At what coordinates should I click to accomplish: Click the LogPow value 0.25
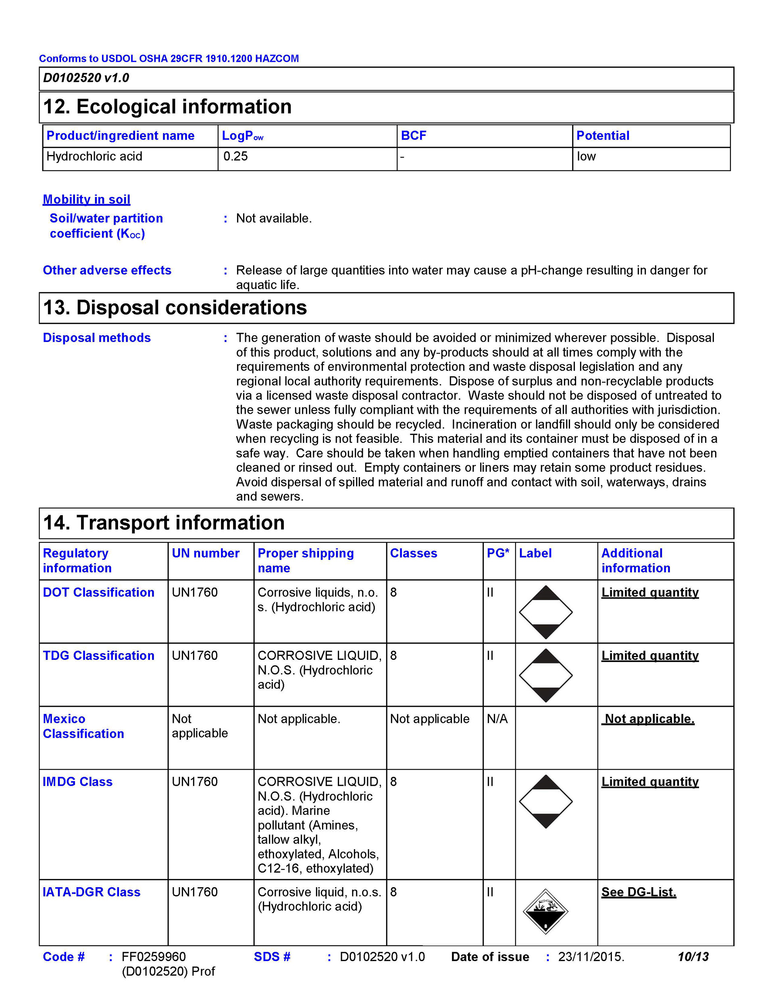click(x=235, y=157)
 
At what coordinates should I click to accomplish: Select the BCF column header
click(x=413, y=136)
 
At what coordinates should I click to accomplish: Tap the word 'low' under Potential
click(x=587, y=157)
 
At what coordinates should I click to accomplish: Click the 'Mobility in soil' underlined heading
click(x=86, y=199)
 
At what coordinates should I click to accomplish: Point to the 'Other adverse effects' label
click(x=107, y=270)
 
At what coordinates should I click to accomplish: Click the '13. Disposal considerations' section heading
click(x=175, y=308)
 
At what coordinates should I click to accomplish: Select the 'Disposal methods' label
click(x=97, y=337)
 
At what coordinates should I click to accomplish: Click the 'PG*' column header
click(x=498, y=553)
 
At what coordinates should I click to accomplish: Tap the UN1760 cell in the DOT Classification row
click(x=195, y=593)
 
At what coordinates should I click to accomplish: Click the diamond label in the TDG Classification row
click(x=545, y=675)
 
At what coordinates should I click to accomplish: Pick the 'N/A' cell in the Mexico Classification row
click(x=497, y=719)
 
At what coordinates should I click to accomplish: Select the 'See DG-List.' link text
click(x=639, y=892)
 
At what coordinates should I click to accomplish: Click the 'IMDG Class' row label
click(x=77, y=782)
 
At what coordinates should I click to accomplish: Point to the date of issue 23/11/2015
click(x=591, y=957)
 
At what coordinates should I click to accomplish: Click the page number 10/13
click(x=693, y=957)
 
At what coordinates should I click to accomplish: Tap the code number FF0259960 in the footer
click(x=154, y=957)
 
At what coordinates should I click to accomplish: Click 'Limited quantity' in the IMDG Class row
click(x=650, y=782)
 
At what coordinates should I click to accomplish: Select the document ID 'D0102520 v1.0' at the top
click(x=86, y=78)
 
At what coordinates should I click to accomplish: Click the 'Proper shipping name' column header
click(x=306, y=560)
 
